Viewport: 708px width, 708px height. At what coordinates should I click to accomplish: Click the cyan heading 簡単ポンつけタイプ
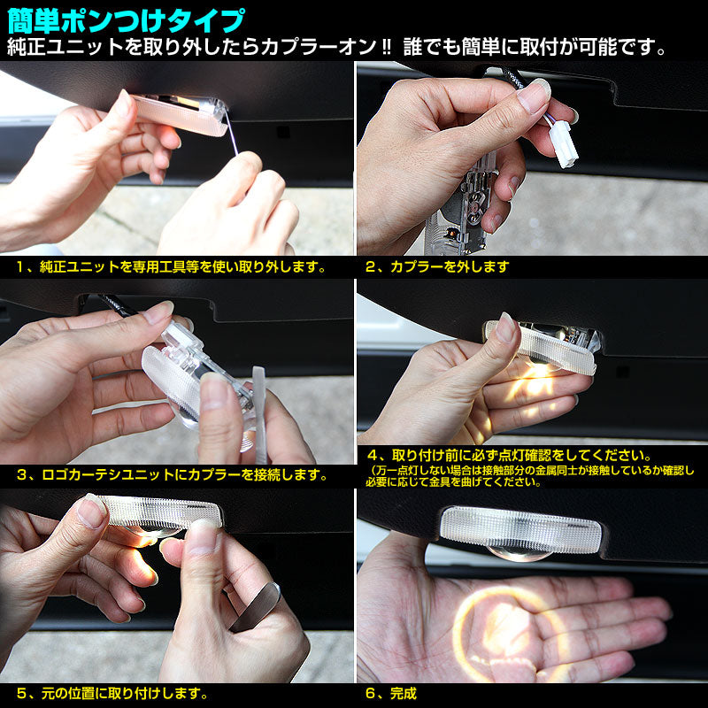tap(127, 18)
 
